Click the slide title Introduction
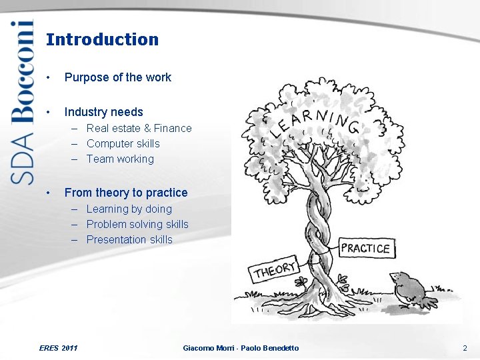102,39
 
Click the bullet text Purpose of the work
117,77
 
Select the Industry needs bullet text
103,112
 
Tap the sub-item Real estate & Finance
139,128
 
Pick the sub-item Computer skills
123,143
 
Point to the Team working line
120,159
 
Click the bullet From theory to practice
126,193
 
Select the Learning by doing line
129,209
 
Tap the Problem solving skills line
137,224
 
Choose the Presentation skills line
129,239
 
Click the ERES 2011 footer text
59,348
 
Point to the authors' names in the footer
241,348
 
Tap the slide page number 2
465,348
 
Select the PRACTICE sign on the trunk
365,249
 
